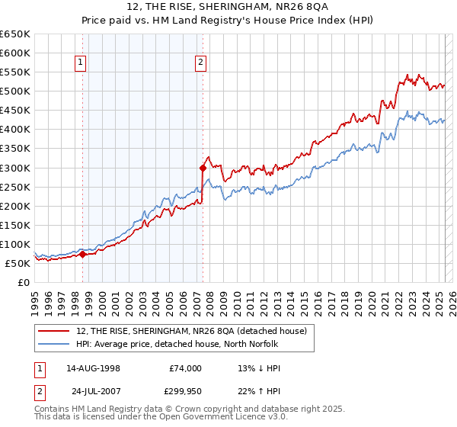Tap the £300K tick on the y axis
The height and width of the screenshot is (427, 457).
pyautogui.click(x=15, y=168)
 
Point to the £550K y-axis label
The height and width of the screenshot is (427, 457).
pyautogui.click(x=15, y=72)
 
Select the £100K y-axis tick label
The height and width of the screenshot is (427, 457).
pyautogui.click(x=15, y=244)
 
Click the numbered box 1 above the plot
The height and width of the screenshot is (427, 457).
pyautogui.click(x=81, y=64)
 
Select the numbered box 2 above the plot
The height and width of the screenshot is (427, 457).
pyautogui.click(x=201, y=64)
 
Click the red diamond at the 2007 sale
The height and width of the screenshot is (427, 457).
pyautogui.click(x=203, y=168)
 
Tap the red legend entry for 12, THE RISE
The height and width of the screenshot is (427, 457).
pyautogui.click(x=191, y=330)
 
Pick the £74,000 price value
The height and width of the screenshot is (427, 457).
pyautogui.click(x=185, y=368)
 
